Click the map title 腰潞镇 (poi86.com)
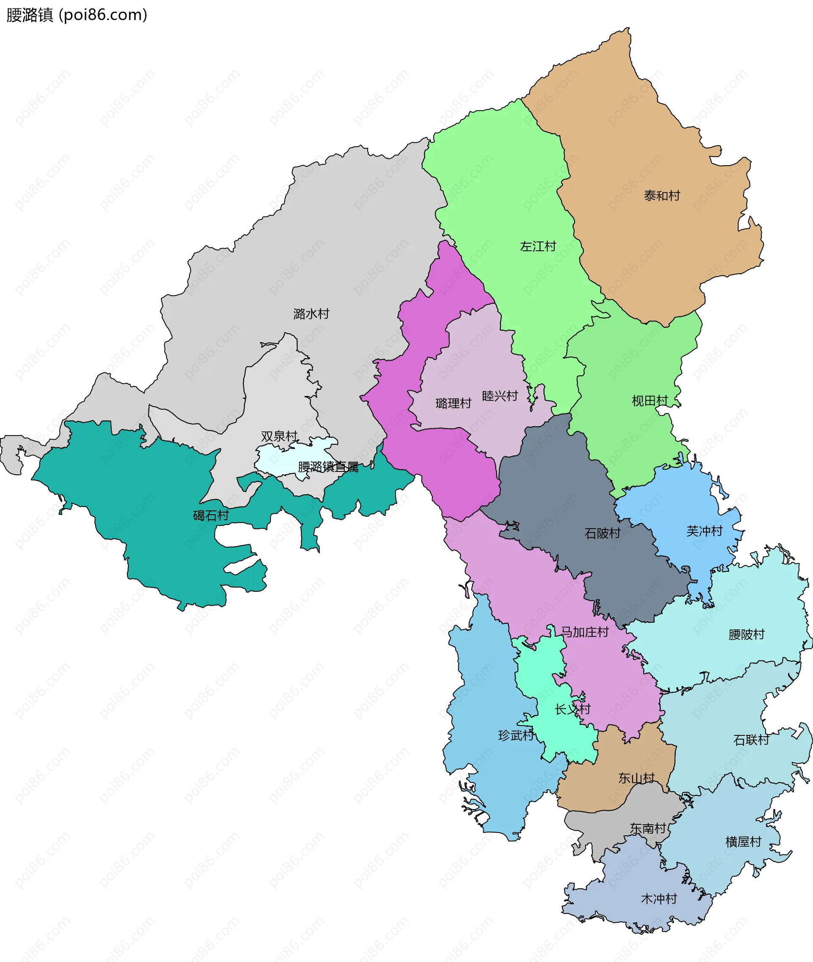click(x=77, y=15)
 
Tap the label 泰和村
click(x=662, y=196)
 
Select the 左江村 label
click(x=538, y=247)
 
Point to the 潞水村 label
click(x=311, y=314)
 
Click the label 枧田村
click(x=650, y=401)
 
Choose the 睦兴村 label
click(x=500, y=396)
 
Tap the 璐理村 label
click(x=453, y=403)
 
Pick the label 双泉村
click(x=279, y=436)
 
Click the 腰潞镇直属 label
click(x=328, y=467)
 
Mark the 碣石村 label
click(x=210, y=516)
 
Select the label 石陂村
click(x=603, y=533)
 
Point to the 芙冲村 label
click(x=704, y=531)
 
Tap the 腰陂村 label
click(x=746, y=634)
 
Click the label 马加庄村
click(x=584, y=632)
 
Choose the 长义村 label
click(x=572, y=709)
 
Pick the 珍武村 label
click(x=516, y=735)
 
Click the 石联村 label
click(x=751, y=740)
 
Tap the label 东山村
click(x=636, y=778)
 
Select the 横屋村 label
click(x=743, y=842)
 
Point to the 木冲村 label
click(x=658, y=899)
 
